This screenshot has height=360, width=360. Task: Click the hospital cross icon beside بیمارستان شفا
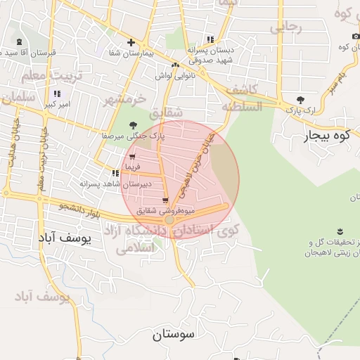tap(131, 42)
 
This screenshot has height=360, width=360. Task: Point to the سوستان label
tap(172, 334)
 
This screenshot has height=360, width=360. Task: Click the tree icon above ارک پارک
tap(301, 100)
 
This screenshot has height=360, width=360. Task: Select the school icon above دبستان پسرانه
tap(210, 39)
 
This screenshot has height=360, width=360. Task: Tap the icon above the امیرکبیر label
tap(57, 94)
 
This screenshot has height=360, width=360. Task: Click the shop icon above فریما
tap(132, 157)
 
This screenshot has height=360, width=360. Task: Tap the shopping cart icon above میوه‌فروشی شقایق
tap(165, 200)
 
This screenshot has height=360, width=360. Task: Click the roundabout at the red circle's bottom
tap(169, 220)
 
